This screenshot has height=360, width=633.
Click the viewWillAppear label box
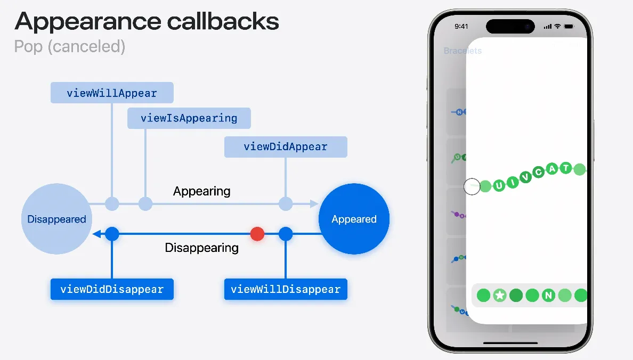coord(112,93)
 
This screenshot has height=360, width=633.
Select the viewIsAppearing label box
coord(189,118)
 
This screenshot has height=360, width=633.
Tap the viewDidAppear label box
coord(286,146)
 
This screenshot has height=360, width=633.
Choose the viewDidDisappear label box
coord(112,289)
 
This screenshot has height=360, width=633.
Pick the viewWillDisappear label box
coord(286,289)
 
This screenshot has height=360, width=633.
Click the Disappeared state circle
coord(56,219)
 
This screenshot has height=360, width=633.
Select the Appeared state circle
coord(354,219)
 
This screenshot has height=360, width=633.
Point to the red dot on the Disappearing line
coord(257,234)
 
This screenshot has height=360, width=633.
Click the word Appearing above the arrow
coord(202,191)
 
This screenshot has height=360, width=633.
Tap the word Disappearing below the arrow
coord(202,248)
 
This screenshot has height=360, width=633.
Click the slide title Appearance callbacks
coord(147,21)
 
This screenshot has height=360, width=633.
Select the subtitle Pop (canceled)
coord(70,46)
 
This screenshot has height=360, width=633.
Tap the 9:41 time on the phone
coord(461,26)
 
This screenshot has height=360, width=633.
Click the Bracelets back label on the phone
coord(462,51)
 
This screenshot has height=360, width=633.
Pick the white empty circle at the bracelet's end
coord(472,186)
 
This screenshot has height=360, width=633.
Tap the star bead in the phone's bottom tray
coord(499,295)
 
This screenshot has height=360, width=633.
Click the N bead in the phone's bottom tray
coord(548,295)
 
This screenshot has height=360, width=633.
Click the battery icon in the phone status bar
coord(568,26)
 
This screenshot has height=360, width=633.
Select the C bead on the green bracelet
coord(539,172)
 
